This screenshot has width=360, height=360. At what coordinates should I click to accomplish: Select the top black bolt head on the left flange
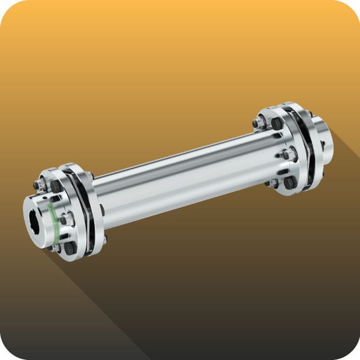click(x=55, y=187)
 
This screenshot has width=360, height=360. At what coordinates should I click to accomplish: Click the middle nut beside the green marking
click(x=64, y=220)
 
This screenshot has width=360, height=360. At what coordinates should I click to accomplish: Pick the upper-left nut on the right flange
click(x=259, y=123)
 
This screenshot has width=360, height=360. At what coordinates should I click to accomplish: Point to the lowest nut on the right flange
click(x=274, y=183)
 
